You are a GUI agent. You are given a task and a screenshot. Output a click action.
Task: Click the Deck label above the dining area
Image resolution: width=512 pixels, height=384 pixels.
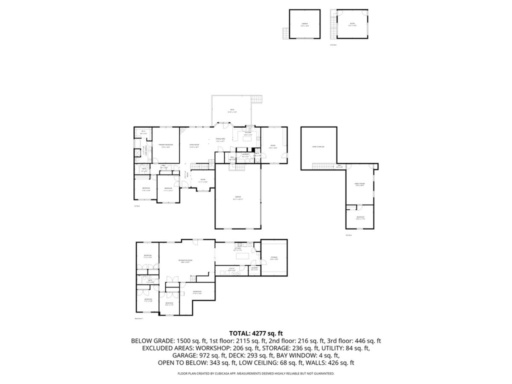point(232,110)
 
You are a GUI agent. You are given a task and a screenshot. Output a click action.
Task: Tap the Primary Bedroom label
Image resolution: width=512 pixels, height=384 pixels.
point(165,145)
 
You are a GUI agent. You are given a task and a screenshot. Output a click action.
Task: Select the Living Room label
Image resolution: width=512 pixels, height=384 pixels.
point(194,145)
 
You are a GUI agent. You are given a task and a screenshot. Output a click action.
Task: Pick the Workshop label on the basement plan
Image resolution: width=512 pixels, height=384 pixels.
point(197,292)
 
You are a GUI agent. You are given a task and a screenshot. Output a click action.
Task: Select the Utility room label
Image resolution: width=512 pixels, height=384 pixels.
point(231,269)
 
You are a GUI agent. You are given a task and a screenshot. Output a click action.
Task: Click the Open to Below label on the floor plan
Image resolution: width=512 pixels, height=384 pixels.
point(318,147)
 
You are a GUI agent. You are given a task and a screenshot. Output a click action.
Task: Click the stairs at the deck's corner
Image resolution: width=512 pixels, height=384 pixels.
point(257,98)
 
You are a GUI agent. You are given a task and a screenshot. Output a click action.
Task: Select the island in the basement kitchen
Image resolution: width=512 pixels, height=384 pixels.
point(243,255)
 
